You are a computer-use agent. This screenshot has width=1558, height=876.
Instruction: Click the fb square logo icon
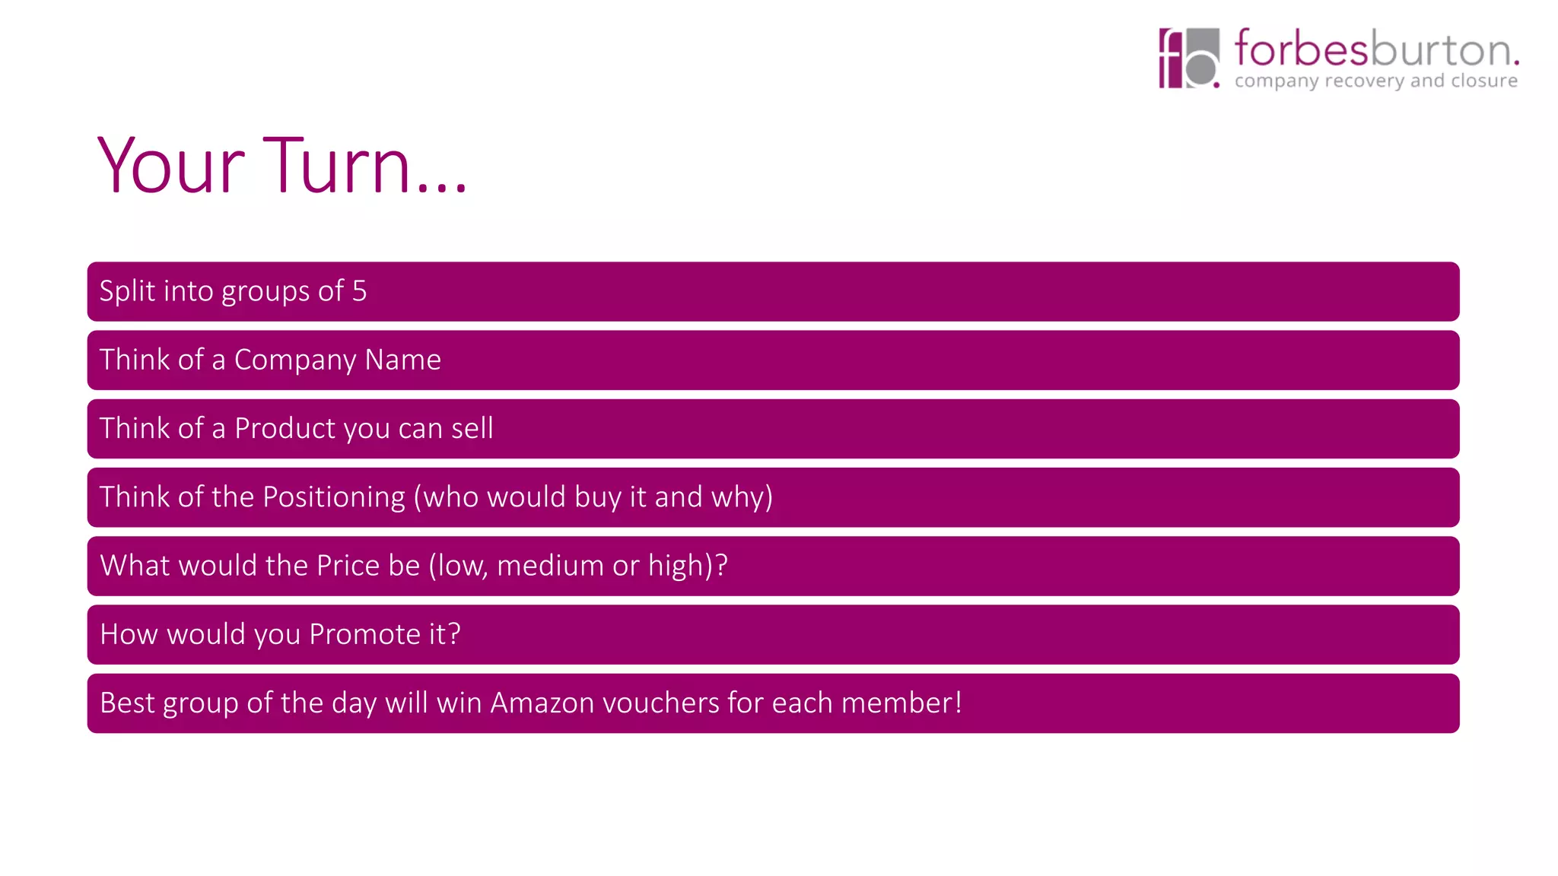pyautogui.click(x=1188, y=59)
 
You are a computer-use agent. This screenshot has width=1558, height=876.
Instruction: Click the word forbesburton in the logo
pyautogui.click(x=1375, y=49)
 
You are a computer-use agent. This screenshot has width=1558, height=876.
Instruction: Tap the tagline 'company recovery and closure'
pyautogui.click(x=1375, y=81)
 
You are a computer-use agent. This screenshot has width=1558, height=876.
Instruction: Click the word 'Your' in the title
pyautogui.click(x=171, y=166)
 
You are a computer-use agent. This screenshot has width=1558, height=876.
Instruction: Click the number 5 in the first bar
pyautogui.click(x=359, y=291)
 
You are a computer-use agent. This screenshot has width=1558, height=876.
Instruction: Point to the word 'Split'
pyautogui.click(x=127, y=291)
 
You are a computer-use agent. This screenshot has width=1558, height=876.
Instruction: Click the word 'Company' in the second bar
pyautogui.click(x=294, y=360)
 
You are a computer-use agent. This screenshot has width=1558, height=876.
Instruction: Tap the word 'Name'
pyautogui.click(x=402, y=360)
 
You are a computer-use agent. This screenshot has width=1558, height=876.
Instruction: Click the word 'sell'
pyautogui.click(x=472, y=429)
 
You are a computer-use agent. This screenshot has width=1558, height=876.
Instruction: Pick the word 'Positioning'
pyautogui.click(x=334, y=497)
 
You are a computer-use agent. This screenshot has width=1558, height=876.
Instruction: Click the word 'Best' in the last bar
pyautogui.click(x=127, y=703)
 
